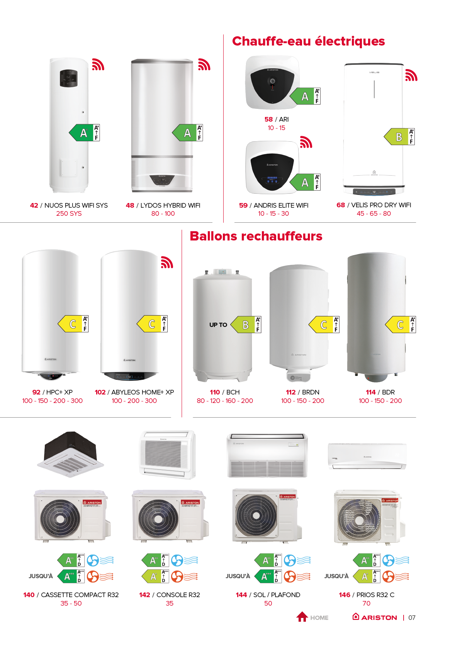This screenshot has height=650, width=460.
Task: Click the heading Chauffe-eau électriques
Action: pos(308,41)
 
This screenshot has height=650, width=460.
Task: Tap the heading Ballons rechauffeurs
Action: pos(256,236)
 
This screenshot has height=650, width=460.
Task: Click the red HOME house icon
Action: pos(302,617)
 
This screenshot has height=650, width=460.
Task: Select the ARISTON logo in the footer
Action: pos(375,617)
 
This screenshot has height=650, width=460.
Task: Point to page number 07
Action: pos(412,618)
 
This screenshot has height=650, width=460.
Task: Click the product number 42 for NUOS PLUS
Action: pos(34,205)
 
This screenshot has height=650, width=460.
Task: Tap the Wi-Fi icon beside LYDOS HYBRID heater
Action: pos(204,64)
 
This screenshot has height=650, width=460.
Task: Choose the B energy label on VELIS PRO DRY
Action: pos(398,137)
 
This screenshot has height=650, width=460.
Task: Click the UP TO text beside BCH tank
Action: pos(218,325)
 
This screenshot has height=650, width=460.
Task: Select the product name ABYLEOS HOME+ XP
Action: pos(143,392)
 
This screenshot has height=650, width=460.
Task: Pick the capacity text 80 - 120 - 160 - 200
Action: pos(225,401)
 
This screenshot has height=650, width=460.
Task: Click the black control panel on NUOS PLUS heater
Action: pos(68,78)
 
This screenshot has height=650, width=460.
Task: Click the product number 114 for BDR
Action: pos(370,392)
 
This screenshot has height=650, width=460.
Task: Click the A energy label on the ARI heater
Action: pos(304,96)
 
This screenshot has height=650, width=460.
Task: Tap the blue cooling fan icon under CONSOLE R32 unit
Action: pos(177,560)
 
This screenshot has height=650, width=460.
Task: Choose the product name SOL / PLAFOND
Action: pos(277,595)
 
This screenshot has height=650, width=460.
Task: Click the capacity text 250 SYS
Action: pos(69,213)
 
